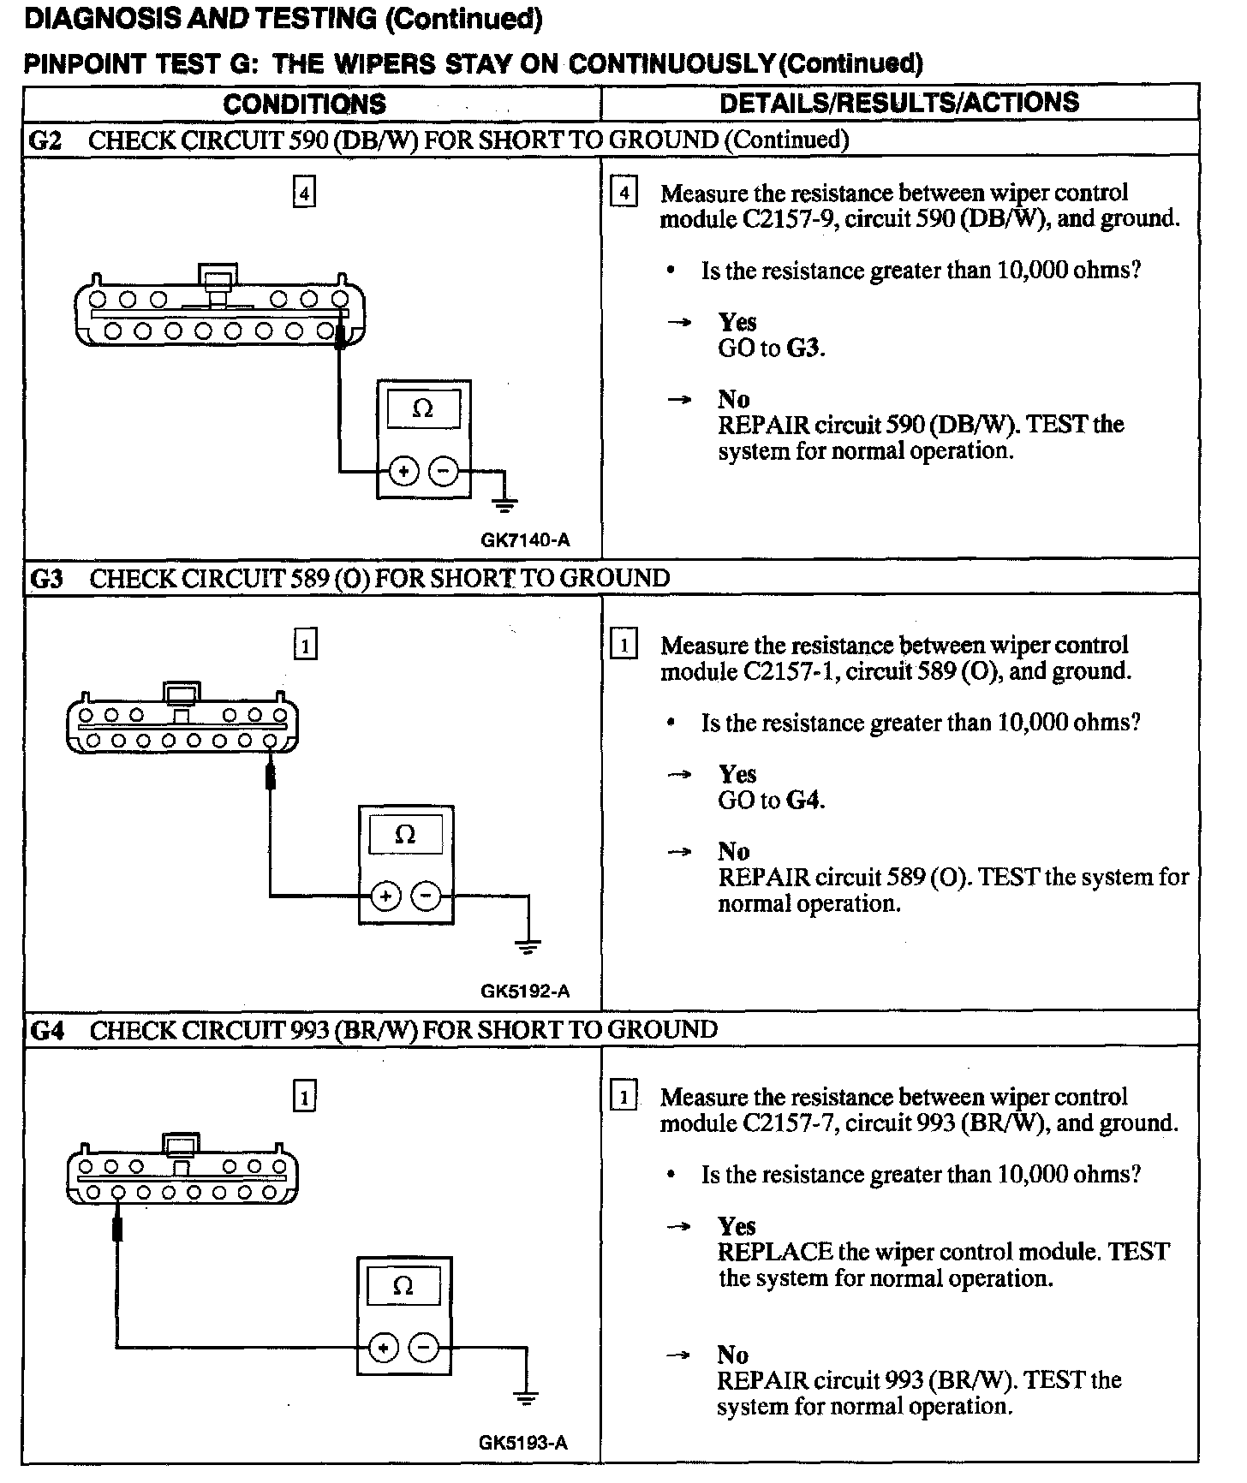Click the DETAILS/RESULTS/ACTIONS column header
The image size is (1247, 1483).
pyautogui.click(x=899, y=103)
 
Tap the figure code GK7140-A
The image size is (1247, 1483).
pyautogui.click(x=525, y=540)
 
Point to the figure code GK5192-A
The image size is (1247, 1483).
pyautogui.click(x=525, y=992)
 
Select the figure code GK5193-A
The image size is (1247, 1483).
pyautogui.click(x=523, y=1443)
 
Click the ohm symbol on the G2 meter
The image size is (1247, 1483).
pyautogui.click(x=423, y=409)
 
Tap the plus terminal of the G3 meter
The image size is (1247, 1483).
pyautogui.click(x=385, y=896)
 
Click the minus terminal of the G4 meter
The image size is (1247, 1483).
pyautogui.click(x=425, y=1349)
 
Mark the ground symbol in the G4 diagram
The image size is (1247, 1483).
pyautogui.click(x=526, y=1400)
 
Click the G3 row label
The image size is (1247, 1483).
pyautogui.click(x=46, y=579)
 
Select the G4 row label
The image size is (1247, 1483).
pyautogui.click(x=46, y=1030)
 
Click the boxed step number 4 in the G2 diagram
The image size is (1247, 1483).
pyautogui.click(x=304, y=193)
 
